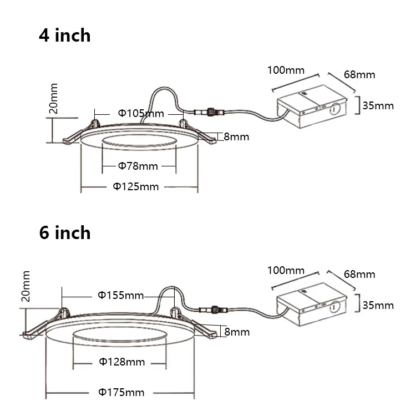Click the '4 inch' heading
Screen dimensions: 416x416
pyautogui.click(x=65, y=35)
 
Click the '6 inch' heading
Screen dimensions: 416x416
pyautogui.click(x=65, y=232)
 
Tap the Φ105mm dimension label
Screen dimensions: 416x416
pyautogui.click(x=141, y=113)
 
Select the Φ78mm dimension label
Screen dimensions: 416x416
pyautogui.click(x=138, y=166)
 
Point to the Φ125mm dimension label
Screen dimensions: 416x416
pyautogui.click(x=136, y=186)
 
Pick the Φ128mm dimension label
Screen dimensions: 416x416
pyautogui.click(x=122, y=362)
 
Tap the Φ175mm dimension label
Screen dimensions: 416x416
pyautogui.click(x=121, y=393)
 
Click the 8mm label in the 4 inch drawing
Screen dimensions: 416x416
pyautogui.click(x=236, y=136)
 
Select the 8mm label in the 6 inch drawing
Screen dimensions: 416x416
pyautogui.click(x=237, y=332)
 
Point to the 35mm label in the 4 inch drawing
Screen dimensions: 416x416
pyautogui.click(x=378, y=105)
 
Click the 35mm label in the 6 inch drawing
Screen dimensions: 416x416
pyautogui.click(x=378, y=305)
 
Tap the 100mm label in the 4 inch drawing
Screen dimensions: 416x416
pyautogui.click(x=286, y=70)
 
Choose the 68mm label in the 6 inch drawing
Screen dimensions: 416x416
pyautogui.click(x=359, y=274)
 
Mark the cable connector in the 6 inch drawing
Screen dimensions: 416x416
pyautogui.click(x=212, y=308)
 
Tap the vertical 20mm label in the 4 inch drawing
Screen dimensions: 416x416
pyautogui.click(x=54, y=98)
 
